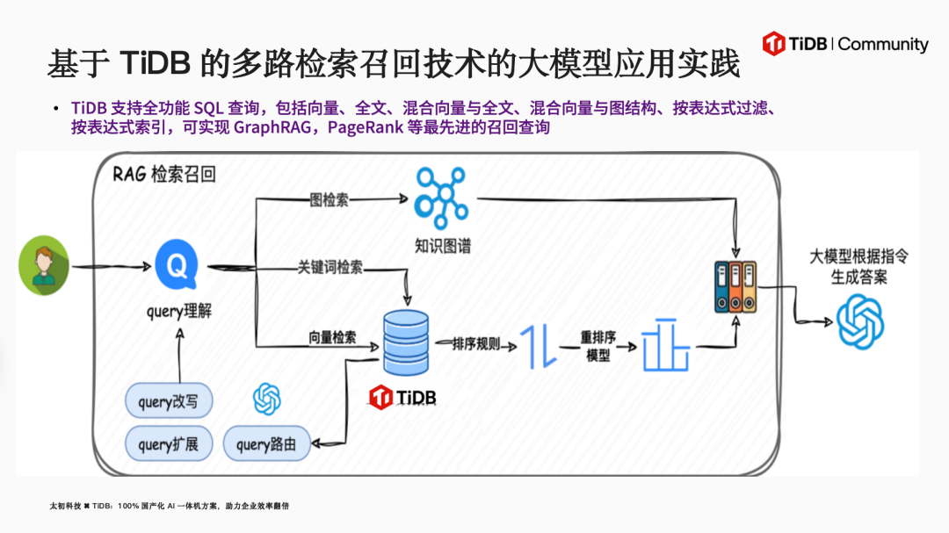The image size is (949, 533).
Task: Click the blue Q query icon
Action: coord(177,265)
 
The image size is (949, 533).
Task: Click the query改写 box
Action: coord(168,403)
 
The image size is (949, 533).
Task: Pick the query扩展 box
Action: coord(168,444)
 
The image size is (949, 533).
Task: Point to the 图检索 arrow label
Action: coord(329,199)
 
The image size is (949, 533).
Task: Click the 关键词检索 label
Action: coord(330,267)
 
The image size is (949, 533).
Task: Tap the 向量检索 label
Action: coord(332,337)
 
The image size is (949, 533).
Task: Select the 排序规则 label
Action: coord(476,344)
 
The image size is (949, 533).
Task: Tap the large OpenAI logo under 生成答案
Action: coord(859,322)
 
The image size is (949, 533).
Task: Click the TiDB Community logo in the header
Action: coord(844,43)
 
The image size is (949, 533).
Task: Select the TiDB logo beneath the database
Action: coord(402,398)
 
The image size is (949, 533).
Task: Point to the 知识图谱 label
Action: coord(443,246)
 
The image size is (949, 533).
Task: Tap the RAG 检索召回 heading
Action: coord(163,174)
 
